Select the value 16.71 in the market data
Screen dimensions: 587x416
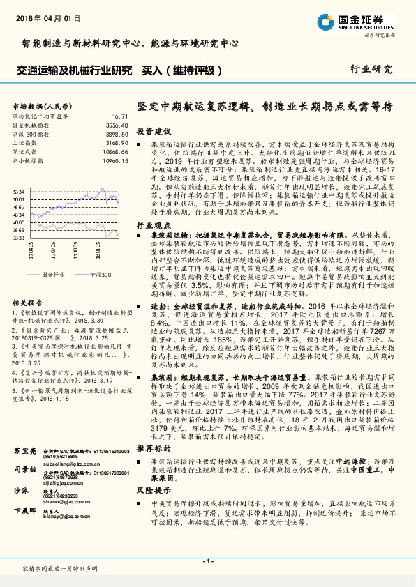119,116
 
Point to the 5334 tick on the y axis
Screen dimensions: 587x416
19,190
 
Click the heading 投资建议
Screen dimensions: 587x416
154,131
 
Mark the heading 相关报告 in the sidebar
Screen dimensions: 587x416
28,304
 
